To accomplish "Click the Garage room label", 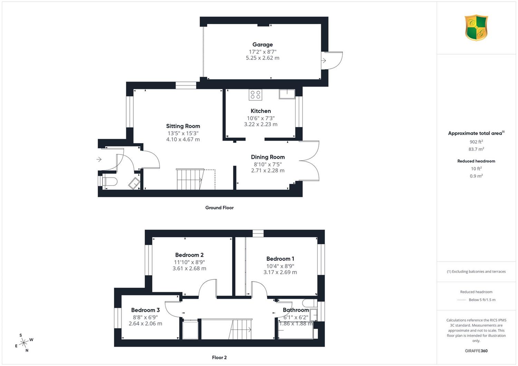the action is pyautogui.click(x=262, y=44).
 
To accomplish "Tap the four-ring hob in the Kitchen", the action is pyautogui.click(x=256, y=95).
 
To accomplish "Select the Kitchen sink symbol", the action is pyautogui.click(x=287, y=94).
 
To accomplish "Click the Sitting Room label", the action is pyautogui.click(x=183, y=126).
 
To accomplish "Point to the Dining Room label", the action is pyautogui.click(x=268, y=157).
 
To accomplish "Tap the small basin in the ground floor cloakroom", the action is pyautogui.click(x=134, y=184).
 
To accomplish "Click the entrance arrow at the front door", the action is pyautogui.click(x=99, y=159).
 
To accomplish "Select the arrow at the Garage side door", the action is pyautogui.click(x=324, y=60).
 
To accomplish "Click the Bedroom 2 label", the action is pyautogui.click(x=189, y=255).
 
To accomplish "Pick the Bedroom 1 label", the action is pyautogui.click(x=280, y=259).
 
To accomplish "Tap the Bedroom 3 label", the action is pyautogui.click(x=145, y=310).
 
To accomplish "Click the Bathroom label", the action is pyautogui.click(x=296, y=310).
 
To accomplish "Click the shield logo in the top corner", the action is pyautogui.click(x=476, y=28).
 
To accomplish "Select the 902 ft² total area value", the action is pyautogui.click(x=476, y=142).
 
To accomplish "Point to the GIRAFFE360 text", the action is pyautogui.click(x=476, y=351).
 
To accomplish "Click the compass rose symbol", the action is pyautogui.click(x=24, y=343).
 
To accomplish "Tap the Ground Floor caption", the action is pyautogui.click(x=219, y=208).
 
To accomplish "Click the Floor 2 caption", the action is pyautogui.click(x=219, y=357).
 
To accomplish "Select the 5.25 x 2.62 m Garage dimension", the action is pyautogui.click(x=262, y=58).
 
